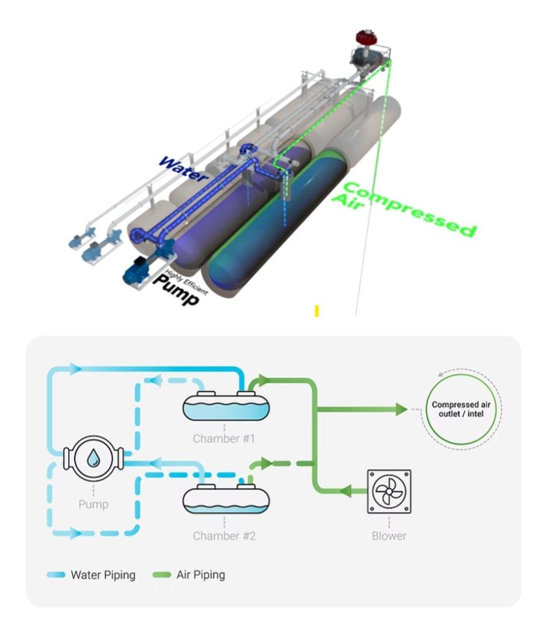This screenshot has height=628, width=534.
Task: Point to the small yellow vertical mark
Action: pyautogui.click(x=316, y=311)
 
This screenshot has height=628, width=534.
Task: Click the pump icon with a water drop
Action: pyautogui.click(x=93, y=458)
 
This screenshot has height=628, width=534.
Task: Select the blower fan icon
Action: pyautogui.click(x=389, y=491)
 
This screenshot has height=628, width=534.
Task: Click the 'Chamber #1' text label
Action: pyautogui.click(x=224, y=438)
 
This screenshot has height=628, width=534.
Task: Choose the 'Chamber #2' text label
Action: pyautogui.click(x=224, y=536)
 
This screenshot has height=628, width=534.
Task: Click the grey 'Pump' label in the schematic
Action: pyautogui.click(x=93, y=505)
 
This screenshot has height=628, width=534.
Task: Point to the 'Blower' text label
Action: pyautogui.click(x=389, y=536)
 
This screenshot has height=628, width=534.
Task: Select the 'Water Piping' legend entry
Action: pyautogui.click(x=92, y=575)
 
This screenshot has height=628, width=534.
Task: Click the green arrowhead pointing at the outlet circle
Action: pyautogui.click(x=401, y=409)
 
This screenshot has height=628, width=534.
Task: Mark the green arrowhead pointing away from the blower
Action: pyautogui.click(x=346, y=491)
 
